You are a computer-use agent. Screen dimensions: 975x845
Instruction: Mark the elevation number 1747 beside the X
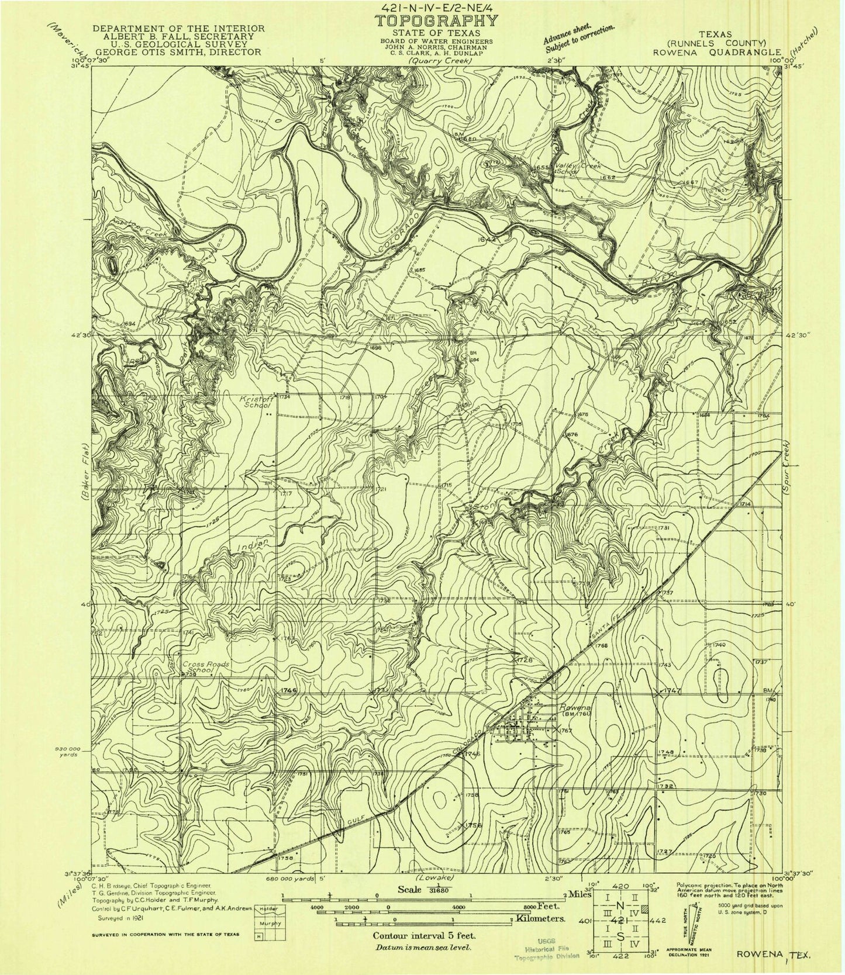tap(673, 691)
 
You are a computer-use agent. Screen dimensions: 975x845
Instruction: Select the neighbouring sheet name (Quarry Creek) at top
tap(433, 59)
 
